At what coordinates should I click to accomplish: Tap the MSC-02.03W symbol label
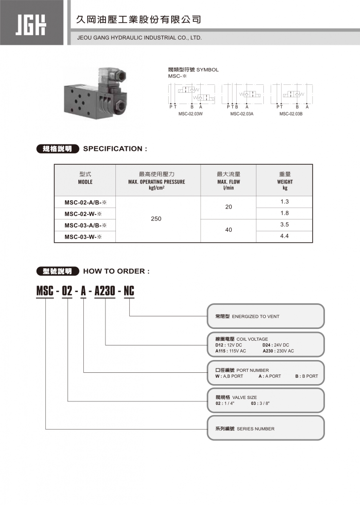(191, 114)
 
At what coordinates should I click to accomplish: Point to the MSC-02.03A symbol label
(242, 114)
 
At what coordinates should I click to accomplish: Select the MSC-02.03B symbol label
(291, 114)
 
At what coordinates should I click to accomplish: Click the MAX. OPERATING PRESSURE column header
(157, 181)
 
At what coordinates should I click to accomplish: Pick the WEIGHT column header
(285, 181)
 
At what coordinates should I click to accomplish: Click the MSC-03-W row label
(83, 237)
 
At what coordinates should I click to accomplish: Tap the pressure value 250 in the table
(156, 218)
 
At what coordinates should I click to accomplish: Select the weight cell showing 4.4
(284, 236)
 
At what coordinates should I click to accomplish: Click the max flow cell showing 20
(228, 207)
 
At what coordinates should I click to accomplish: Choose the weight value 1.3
(284, 202)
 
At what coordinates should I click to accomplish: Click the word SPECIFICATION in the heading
(115, 149)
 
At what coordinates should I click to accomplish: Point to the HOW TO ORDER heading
(116, 271)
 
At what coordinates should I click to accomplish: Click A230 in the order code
(105, 291)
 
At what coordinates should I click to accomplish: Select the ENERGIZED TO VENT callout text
(255, 317)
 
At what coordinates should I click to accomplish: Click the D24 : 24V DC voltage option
(276, 345)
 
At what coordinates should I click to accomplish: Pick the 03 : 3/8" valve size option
(260, 403)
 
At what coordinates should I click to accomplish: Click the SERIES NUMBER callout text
(255, 429)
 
